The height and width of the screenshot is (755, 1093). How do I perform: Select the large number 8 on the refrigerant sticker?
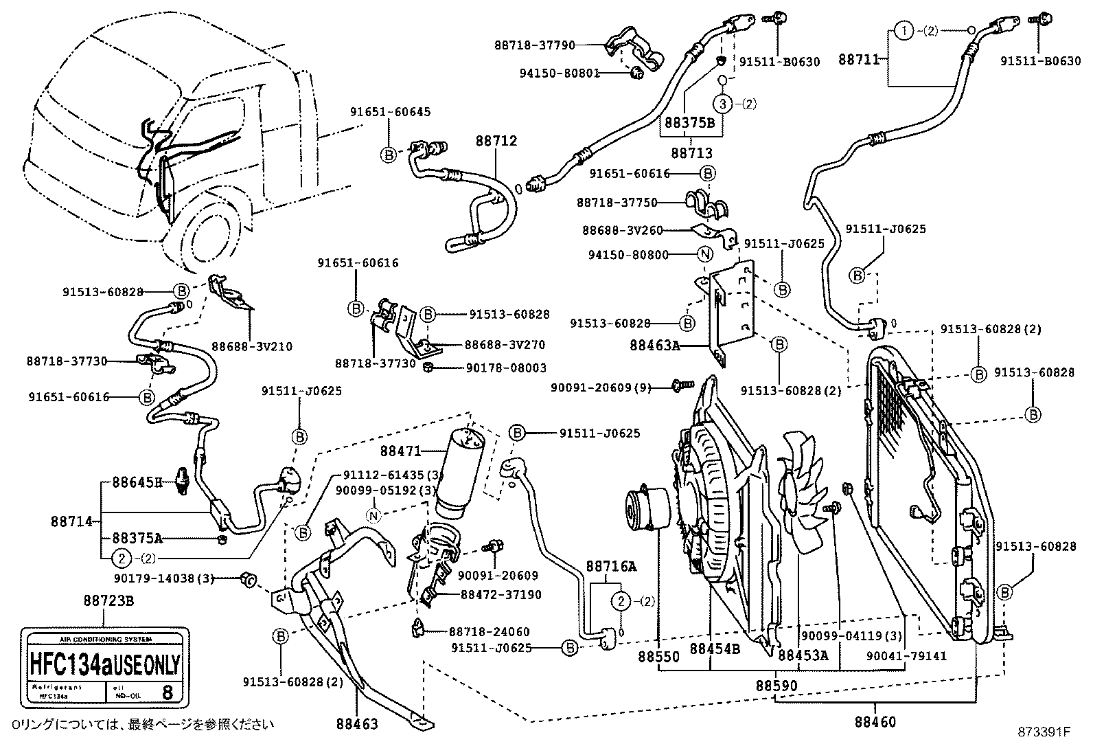pyautogui.click(x=167, y=691)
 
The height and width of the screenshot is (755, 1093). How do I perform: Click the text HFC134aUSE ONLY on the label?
pyautogui.click(x=104, y=664)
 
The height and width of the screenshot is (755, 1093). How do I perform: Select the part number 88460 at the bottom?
pyautogui.click(x=875, y=722)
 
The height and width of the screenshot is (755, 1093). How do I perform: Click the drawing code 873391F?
pyautogui.click(x=1044, y=732)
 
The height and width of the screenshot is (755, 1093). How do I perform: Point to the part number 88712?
pyautogui.click(x=496, y=141)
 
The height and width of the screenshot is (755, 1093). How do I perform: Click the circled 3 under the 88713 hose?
pyautogui.click(x=722, y=104)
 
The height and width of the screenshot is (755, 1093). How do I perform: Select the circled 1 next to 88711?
pyautogui.click(x=904, y=30)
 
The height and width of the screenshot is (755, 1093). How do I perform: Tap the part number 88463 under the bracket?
pyautogui.click(x=357, y=723)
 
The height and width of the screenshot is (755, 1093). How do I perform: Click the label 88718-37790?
pyautogui.click(x=535, y=45)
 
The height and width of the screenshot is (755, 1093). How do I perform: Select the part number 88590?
pyautogui.click(x=777, y=685)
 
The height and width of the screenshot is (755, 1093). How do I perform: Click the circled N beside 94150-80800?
pyautogui.click(x=704, y=255)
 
